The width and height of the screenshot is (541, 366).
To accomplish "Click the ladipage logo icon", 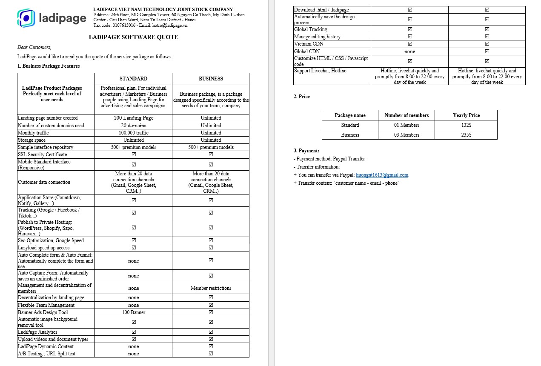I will (26, 17).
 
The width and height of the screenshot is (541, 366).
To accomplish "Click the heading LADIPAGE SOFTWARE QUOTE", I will (133, 37).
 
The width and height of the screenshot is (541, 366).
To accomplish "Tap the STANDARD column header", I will (133, 79).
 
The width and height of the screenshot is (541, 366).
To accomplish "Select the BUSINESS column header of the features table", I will (211, 79).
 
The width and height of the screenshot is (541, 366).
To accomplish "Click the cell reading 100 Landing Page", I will (133, 118).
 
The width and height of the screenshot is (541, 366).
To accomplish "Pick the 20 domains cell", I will (133, 126).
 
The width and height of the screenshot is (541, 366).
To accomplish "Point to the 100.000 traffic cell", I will (133, 133).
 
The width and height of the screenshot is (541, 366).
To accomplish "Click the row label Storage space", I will (32, 140).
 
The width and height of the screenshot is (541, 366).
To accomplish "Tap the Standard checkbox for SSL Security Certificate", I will (134, 154).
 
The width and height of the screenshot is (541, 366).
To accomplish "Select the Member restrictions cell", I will (211, 288).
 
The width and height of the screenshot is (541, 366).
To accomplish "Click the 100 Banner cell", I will (133, 312).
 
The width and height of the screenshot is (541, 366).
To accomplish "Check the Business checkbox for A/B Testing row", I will (211, 354).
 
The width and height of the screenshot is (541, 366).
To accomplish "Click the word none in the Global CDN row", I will (409, 51).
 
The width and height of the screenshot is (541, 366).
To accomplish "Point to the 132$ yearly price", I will (466, 125).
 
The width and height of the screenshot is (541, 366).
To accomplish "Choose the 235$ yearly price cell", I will (466, 135).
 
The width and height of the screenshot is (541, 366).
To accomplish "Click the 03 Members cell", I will (406, 135).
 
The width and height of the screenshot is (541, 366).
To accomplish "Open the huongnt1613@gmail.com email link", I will (382, 175).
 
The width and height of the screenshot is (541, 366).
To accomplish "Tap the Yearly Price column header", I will (466, 115).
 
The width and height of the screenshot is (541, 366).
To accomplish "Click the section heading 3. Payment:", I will (306, 151).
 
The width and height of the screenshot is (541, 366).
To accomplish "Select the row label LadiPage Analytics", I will (37, 332).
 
